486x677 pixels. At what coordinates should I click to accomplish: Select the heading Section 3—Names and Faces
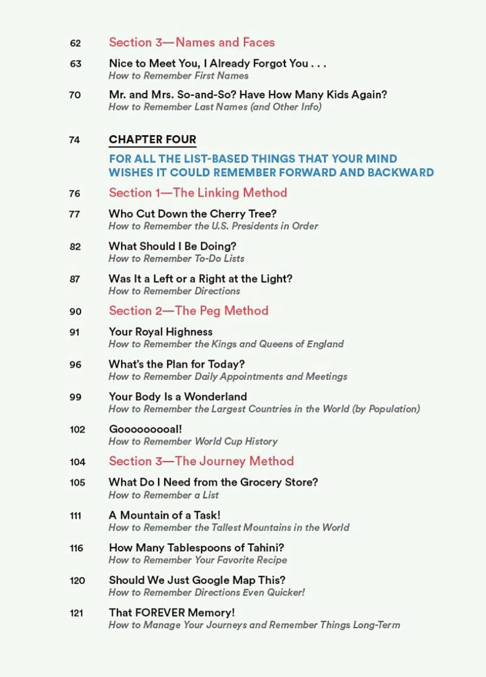point(192,43)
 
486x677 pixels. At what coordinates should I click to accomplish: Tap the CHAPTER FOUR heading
point(153,140)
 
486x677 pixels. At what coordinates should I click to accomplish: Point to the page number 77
point(75,214)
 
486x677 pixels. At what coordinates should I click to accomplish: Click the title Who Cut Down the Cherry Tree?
point(193,213)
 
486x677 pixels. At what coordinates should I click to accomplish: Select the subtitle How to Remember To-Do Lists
point(176,259)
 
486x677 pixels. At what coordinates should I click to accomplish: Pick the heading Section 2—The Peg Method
point(188,311)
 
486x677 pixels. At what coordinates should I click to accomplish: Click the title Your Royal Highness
point(160,332)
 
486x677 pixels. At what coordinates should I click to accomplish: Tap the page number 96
point(75,365)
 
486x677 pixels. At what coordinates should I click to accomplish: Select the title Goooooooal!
point(145,429)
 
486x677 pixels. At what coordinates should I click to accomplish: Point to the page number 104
point(77,462)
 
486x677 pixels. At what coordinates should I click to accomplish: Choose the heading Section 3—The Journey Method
point(201,461)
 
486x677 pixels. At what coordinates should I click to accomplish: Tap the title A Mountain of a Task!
point(165,515)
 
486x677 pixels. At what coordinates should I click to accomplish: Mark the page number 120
point(77,580)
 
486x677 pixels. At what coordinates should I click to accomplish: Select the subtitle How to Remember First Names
point(178,76)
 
